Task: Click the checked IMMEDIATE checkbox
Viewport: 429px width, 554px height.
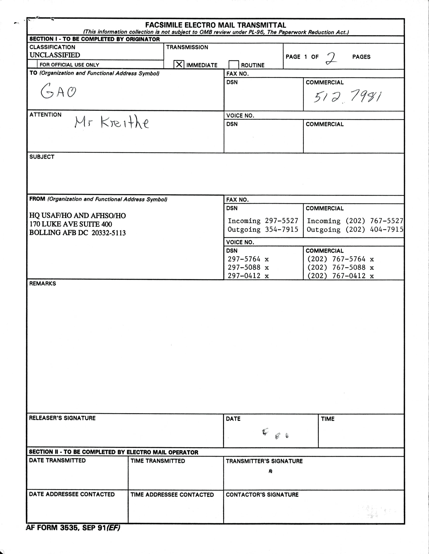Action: pos(179,64)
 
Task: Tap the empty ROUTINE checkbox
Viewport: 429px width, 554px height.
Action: pos(234,65)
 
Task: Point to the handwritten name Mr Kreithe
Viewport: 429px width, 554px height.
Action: pos(112,123)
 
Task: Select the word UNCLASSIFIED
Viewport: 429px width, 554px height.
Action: pos(55,55)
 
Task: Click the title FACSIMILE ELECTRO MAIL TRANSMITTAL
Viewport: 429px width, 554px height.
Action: pos(216,25)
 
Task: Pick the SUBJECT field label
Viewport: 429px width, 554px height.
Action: pos(42,157)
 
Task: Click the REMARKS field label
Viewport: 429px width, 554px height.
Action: pos(43,283)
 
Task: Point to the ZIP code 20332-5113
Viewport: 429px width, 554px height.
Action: pos(109,233)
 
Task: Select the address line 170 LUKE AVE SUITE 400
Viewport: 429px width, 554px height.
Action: pos(70,224)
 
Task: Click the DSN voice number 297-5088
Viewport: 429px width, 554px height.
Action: pos(244,267)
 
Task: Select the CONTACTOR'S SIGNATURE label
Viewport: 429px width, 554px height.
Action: pos(262,495)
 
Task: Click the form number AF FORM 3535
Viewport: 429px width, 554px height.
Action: pos(52,528)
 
